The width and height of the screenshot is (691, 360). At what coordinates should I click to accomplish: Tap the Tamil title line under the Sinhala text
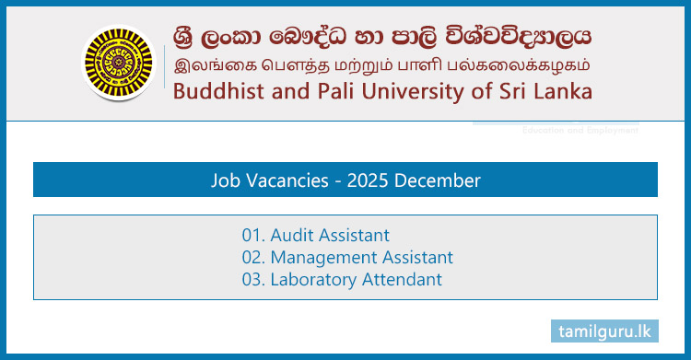tap(378, 65)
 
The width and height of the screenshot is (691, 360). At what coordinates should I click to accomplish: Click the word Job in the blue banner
tap(225, 180)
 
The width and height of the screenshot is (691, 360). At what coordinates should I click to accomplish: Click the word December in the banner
tap(439, 180)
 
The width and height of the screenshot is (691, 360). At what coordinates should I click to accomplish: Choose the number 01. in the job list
tap(253, 235)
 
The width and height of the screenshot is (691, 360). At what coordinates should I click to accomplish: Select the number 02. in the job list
tap(253, 258)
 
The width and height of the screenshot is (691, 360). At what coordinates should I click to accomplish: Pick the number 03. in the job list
tap(253, 280)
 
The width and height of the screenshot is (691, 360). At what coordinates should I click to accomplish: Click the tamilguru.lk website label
tap(605, 331)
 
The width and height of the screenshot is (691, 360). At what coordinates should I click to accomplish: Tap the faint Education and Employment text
tap(580, 131)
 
